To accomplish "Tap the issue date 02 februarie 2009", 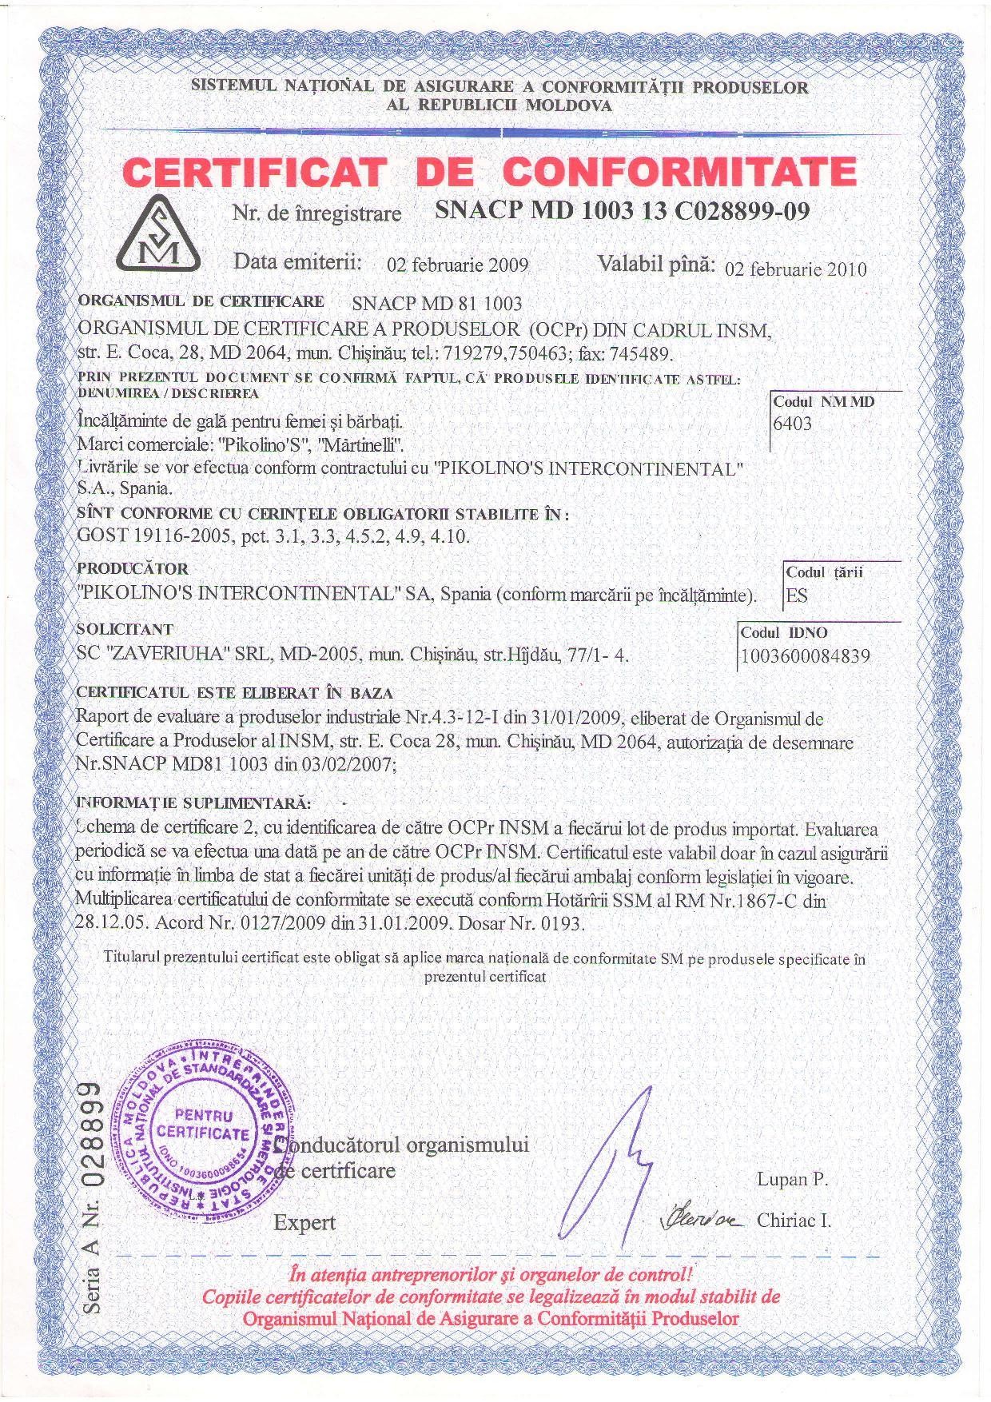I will pyautogui.click(x=457, y=265).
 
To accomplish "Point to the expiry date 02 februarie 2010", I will pyautogui.click(x=795, y=269).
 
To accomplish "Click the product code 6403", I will pyautogui.click(x=792, y=423).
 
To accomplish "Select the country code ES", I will pyautogui.click(x=797, y=595).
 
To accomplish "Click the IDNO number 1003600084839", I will pyautogui.click(x=806, y=656).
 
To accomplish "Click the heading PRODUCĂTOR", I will pyautogui.click(x=133, y=568).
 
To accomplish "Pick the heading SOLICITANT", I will pyautogui.click(x=125, y=629).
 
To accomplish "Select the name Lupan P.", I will pyautogui.click(x=792, y=1179).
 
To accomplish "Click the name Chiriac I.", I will pyautogui.click(x=794, y=1221).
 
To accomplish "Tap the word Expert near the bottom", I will pyautogui.click(x=304, y=1222).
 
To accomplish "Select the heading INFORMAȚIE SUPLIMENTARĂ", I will pyautogui.click(x=193, y=801).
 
